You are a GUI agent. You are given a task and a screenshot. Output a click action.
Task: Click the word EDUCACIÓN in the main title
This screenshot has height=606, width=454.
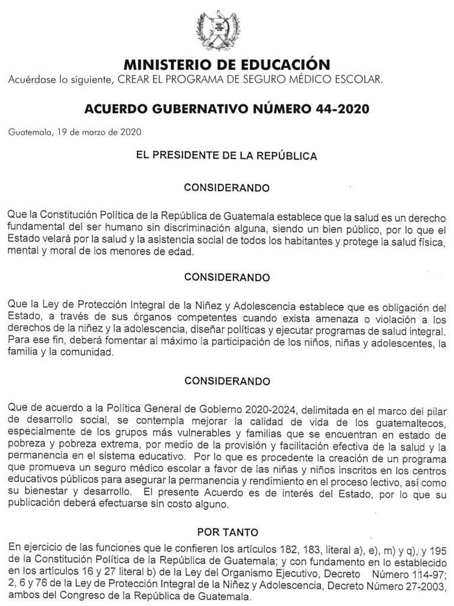point(283,65)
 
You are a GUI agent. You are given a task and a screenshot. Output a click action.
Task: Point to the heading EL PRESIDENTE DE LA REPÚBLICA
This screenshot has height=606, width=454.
point(226,156)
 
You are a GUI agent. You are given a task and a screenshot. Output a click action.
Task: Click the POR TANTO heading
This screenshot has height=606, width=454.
point(227,532)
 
